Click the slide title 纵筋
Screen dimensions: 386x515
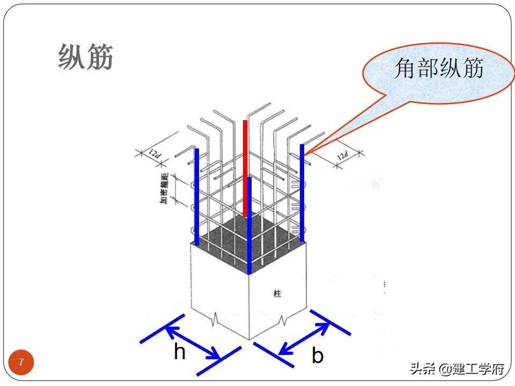click(x=86, y=57)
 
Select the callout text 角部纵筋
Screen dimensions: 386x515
click(x=439, y=69)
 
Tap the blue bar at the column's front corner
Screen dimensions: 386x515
click(x=249, y=225)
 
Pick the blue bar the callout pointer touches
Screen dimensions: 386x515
click(x=302, y=193)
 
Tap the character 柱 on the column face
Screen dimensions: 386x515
click(x=277, y=293)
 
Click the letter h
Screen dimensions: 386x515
click(x=180, y=352)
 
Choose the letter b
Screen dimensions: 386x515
click(x=318, y=355)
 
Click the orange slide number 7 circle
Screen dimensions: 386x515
click(x=21, y=362)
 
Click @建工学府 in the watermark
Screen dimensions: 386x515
click(x=472, y=369)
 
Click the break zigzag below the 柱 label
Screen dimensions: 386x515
click(x=283, y=321)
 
